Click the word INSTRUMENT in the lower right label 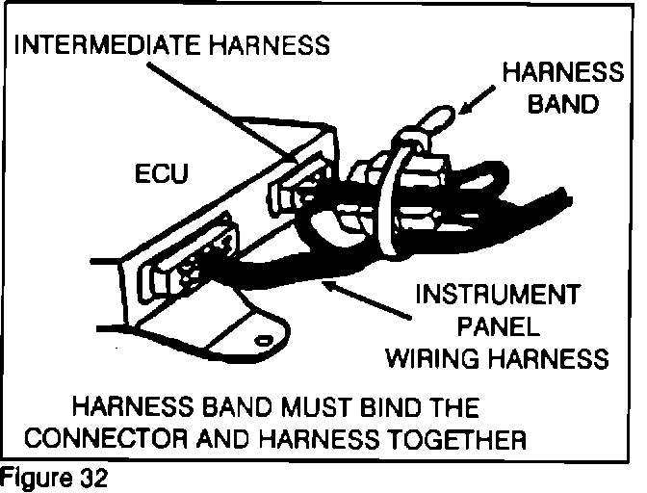click(497, 294)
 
